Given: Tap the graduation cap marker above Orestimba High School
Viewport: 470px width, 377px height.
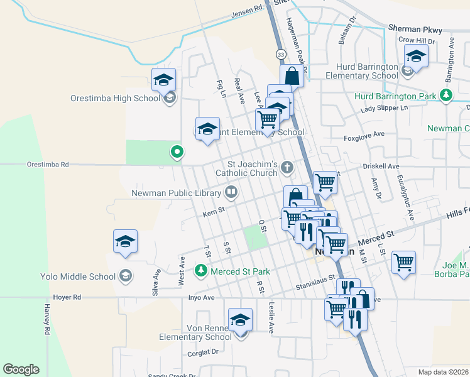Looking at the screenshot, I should point(163,80).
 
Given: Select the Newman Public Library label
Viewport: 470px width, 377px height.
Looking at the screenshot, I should point(177,192).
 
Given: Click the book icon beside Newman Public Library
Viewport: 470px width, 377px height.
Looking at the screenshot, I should point(231,192).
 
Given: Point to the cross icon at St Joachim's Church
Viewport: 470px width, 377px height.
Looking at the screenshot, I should point(287,167).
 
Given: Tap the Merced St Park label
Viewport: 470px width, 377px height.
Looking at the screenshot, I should point(240,271).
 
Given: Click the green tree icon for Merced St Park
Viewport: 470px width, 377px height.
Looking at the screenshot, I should point(200,271).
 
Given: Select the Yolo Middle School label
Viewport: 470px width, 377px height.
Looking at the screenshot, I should point(78,276).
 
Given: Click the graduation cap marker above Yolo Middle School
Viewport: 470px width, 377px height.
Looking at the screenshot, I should point(125,242).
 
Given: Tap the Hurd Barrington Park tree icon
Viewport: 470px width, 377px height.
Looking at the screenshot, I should point(446,96).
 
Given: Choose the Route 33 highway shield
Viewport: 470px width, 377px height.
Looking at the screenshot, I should point(280,55).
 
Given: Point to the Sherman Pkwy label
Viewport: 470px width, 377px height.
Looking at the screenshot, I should point(415,29).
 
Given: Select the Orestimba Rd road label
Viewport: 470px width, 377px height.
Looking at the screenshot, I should point(47,165).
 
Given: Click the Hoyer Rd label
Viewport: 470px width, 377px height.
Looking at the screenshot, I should point(67,297).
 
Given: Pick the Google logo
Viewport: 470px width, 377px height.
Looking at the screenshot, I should point(21,369).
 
